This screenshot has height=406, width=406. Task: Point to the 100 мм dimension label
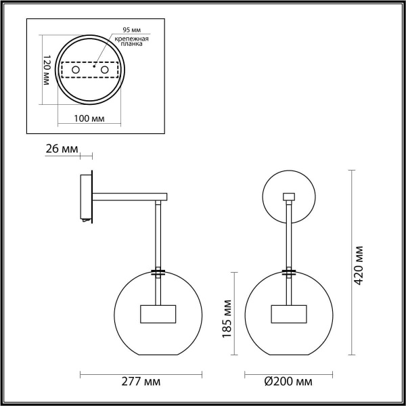point(89,118)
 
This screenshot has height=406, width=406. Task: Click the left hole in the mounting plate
point(75,70)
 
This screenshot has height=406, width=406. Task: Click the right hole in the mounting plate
point(105,70)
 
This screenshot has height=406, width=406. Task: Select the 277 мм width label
point(143,382)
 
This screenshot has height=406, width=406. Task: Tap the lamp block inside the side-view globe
point(158,314)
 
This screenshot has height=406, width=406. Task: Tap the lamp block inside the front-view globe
point(289,315)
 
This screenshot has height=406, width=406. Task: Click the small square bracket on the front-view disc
point(289,197)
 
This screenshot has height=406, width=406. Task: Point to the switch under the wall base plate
point(85,221)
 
